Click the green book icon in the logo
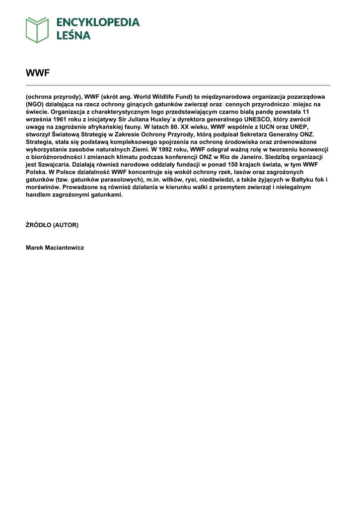[x=37, y=30]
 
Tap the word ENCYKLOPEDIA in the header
[x=97, y=22]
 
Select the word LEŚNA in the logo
[x=73, y=35]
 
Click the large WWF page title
[x=38, y=73]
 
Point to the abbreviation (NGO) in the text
[x=35, y=105]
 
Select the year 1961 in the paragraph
[x=62, y=120]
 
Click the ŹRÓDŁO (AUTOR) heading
[x=52, y=225]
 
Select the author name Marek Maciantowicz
[x=55, y=248]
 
